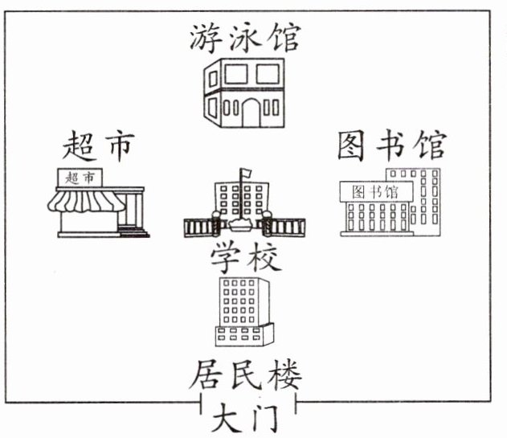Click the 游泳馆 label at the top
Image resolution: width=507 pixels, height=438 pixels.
245,36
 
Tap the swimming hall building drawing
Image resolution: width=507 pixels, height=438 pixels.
245,92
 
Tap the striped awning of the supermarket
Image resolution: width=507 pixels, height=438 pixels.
86,200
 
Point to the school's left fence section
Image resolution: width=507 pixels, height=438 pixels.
197,227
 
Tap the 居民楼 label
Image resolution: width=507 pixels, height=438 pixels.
245,375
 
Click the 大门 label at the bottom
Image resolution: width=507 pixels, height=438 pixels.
245,419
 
